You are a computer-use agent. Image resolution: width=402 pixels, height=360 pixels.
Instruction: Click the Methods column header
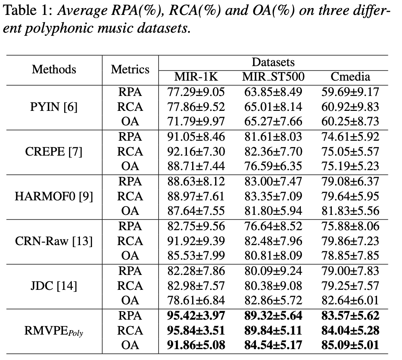(54, 69)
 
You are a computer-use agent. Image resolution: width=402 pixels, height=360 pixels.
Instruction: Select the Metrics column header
(130, 69)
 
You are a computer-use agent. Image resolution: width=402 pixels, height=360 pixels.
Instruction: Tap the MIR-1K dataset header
(196, 77)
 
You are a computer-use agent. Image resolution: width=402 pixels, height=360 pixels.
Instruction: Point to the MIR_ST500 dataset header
(273, 77)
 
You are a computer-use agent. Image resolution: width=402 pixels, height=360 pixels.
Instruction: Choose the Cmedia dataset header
(350, 77)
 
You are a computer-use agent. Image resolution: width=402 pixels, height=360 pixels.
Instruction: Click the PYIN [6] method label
(54, 107)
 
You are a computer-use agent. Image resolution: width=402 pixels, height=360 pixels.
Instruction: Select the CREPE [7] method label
(54, 152)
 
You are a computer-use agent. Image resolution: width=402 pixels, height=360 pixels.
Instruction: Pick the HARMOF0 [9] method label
(54, 196)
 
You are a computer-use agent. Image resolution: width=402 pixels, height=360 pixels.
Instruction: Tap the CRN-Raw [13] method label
(54, 241)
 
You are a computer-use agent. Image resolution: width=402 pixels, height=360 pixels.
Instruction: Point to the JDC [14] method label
(54, 286)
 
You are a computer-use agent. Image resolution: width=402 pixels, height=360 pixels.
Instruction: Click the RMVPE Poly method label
(54, 331)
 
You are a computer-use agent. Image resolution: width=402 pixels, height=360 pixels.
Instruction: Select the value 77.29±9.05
(196, 92)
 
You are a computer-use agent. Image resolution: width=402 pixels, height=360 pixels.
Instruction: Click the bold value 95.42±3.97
(196, 316)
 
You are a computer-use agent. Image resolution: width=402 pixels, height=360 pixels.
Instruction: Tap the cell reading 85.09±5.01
(350, 345)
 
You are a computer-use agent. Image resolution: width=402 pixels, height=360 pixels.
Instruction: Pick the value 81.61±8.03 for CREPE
(273, 137)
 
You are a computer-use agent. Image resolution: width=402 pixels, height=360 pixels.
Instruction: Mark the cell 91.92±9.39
(196, 241)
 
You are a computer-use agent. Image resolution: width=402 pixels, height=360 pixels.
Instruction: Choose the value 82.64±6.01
(350, 301)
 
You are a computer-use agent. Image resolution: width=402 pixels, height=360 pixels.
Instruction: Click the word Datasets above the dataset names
(273, 62)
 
